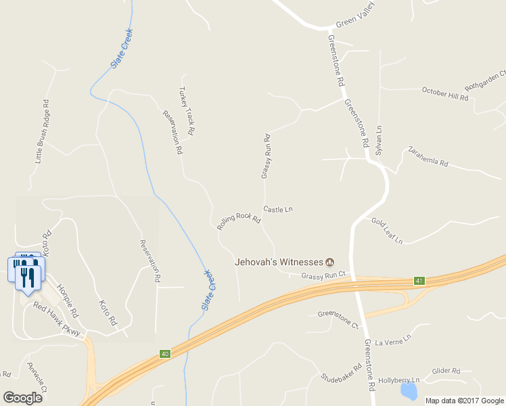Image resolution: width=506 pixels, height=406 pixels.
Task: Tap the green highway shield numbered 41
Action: pos(419,281)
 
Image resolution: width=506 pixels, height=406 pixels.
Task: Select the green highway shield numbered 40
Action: pos(165,353)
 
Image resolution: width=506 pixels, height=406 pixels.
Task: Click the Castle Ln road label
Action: pos(277,210)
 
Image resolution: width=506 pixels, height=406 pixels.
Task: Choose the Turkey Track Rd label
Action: pos(187,110)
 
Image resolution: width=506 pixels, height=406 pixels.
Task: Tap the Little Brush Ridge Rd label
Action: pos(42,133)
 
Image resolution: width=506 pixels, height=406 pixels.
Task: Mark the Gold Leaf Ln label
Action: pos(387,231)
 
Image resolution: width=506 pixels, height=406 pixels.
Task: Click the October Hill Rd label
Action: pos(445,93)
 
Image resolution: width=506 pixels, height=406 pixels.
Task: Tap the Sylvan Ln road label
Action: pos(379,138)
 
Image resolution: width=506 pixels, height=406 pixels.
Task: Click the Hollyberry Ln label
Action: pos(399,380)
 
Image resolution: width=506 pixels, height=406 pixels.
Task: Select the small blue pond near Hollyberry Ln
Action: pos(409,391)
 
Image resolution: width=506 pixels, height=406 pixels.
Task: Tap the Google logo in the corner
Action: pos(22,398)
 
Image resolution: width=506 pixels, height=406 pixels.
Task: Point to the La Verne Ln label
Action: pos(393,338)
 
